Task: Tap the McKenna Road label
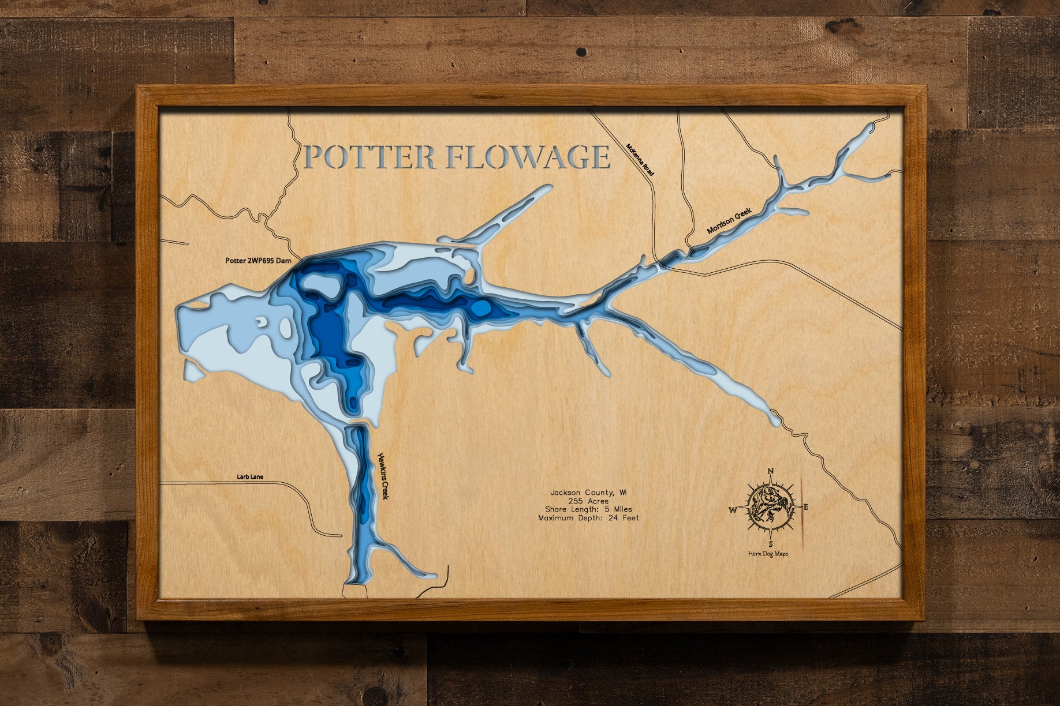[x=641, y=160]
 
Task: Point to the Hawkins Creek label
[x=383, y=476]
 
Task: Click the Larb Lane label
[x=250, y=477]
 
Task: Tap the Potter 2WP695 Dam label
[x=258, y=261]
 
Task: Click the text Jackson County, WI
[x=588, y=493]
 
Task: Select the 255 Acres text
[x=588, y=501]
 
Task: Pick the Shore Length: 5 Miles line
[x=588, y=509]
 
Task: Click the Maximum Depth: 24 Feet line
[x=588, y=518]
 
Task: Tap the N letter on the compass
[x=770, y=472]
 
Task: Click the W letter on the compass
[x=732, y=510]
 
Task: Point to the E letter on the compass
[x=806, y=507]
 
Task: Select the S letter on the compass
[x=770, y=543]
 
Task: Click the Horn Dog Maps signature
[x=768, y=554]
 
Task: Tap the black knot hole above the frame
[x=582, y=52]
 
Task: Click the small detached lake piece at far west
[x=193, y=369]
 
